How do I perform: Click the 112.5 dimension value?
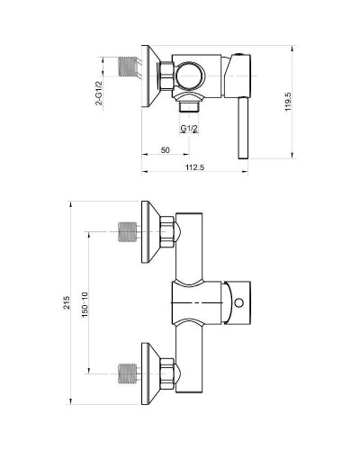(193, 168)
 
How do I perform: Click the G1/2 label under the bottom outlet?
(189, 129)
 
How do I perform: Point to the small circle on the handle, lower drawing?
(240, 303)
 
